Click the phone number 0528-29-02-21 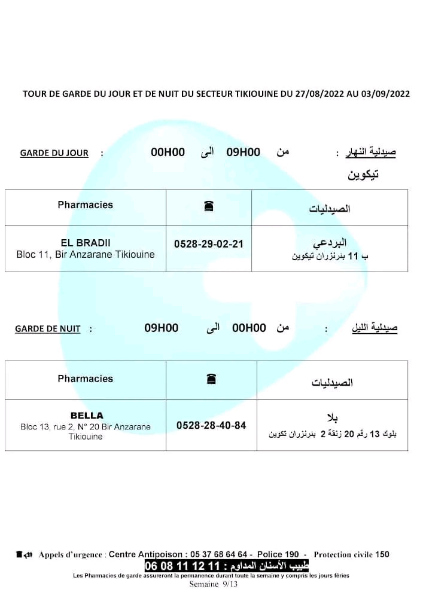click(x=209, y=245)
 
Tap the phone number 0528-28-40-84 click(x=211, y=426)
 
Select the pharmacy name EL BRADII click(x=86, y=243)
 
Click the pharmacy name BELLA click(x=87, y=416)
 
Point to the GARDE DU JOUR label click(x=54, y=153)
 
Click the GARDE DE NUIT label click(x=48, y=329)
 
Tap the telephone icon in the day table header click(x=209, y=206)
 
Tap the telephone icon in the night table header click(x=211, y=379)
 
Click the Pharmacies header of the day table click(x=86, y=205)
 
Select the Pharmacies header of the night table click(x=86, y=379)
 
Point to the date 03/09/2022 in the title click(x=385, y=94)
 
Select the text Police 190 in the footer click(x=278, y=554)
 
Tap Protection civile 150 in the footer click(x=351, y=554)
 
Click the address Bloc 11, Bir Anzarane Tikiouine click(x=86, y=255)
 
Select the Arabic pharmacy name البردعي click(x=330, y=243)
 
